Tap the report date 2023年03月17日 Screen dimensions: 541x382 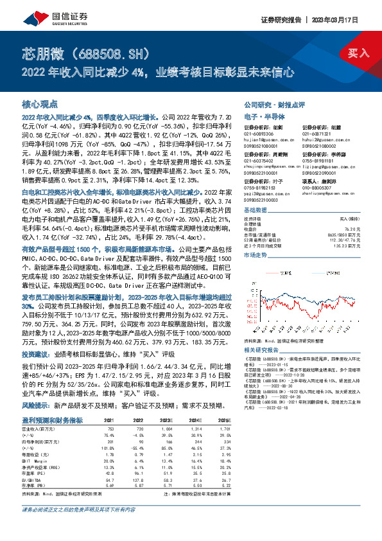341,20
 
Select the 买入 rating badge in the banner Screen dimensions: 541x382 358,53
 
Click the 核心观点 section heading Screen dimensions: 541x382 40,103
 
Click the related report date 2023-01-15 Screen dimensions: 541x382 277,366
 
